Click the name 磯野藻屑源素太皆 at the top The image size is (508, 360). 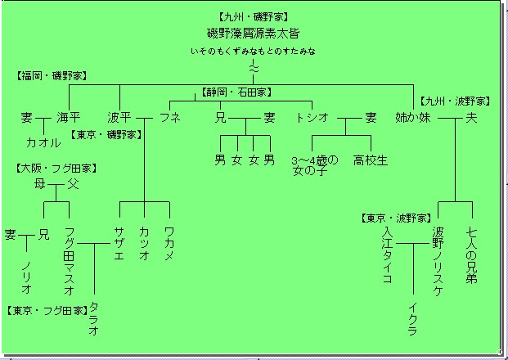click(253, 34)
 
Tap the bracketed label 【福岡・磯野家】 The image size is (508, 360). click(52, 75)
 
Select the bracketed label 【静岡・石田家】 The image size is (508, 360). click(237, 92)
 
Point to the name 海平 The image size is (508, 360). click(69, 118)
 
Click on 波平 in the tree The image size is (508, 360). click(119, 118)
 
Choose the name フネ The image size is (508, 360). click(170, 118)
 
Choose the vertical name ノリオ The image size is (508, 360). click(27, 277)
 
